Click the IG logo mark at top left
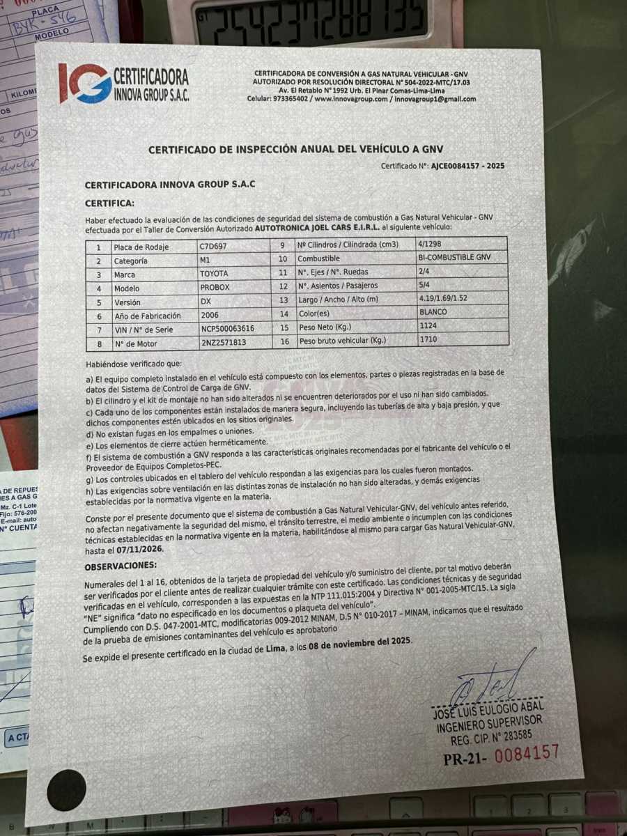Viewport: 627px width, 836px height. click(84, 83)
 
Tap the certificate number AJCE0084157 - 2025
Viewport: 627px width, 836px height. click(467, 167)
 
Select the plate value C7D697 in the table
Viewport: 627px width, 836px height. click(213, 247)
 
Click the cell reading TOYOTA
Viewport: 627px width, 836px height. click(214, 274)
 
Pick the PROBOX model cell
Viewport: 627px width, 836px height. click(214, 288)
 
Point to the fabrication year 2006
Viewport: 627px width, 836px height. click(210, 315)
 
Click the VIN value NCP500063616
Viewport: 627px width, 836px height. click(227, 330)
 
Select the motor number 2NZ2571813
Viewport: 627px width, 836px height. click(224, 343)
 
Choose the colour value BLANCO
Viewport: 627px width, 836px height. click(433, 312)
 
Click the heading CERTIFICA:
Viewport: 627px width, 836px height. click(109, 203)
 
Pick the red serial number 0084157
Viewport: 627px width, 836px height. click(527, 753)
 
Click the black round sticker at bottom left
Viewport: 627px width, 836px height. click(67, 790)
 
